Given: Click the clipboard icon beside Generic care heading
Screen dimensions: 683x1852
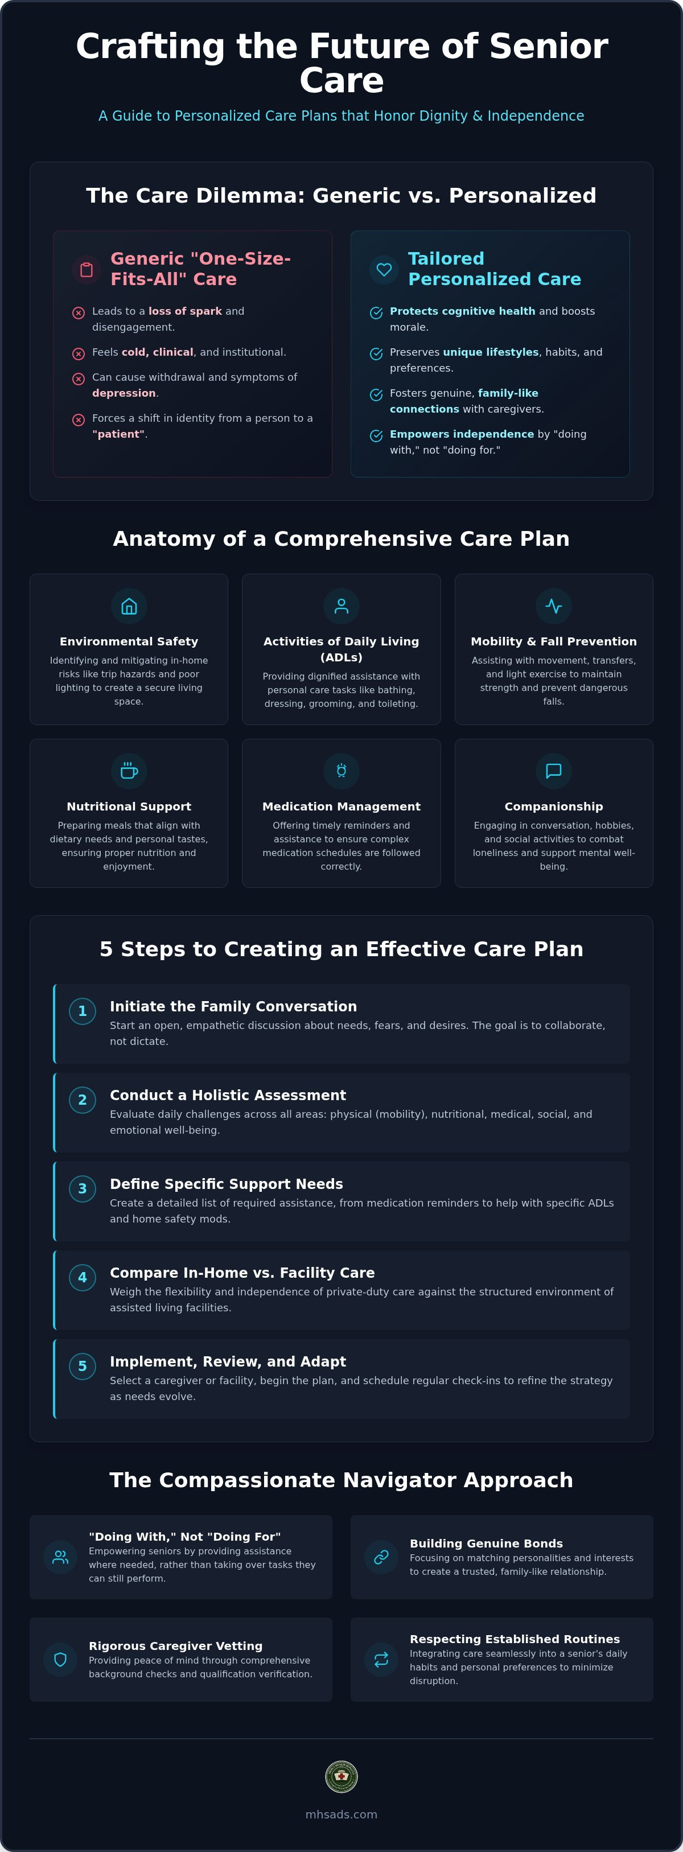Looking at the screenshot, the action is pos(87,270).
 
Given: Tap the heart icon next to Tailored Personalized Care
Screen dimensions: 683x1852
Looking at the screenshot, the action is pos(384,270).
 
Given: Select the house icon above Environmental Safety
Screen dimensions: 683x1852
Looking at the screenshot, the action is pos(129,606).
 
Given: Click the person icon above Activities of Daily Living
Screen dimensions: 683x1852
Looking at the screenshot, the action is pos(341,606).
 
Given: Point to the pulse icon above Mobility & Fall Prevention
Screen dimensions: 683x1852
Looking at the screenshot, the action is pos(554,606).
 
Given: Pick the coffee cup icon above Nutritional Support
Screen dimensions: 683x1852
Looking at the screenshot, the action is pos(129,771).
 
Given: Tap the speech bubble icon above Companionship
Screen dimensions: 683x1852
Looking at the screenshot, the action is pos(554,771).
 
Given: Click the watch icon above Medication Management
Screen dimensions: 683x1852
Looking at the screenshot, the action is pos(341,771).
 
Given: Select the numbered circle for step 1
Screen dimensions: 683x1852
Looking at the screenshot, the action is pos(83,1011).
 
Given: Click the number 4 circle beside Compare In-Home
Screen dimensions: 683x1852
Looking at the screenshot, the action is pos(83,1277).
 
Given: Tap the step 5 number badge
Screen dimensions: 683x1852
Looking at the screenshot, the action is pos(83,1366).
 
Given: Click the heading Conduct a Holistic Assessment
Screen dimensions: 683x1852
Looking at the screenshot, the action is pos(228,1095).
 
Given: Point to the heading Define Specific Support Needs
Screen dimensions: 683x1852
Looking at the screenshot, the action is pos(227,1183).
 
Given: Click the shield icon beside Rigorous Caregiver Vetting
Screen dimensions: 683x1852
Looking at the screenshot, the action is pos(60,1659).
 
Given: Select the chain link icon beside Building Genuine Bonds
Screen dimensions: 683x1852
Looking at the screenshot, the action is pos(381,1557).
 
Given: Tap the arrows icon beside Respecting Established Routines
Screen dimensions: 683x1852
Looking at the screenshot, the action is pos(381,1659).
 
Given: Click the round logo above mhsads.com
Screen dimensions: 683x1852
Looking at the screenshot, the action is pos(341,1776).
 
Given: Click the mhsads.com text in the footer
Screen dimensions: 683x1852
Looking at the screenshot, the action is pos(341,1814).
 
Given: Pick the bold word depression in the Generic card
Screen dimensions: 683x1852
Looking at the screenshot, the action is pos(124,393).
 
